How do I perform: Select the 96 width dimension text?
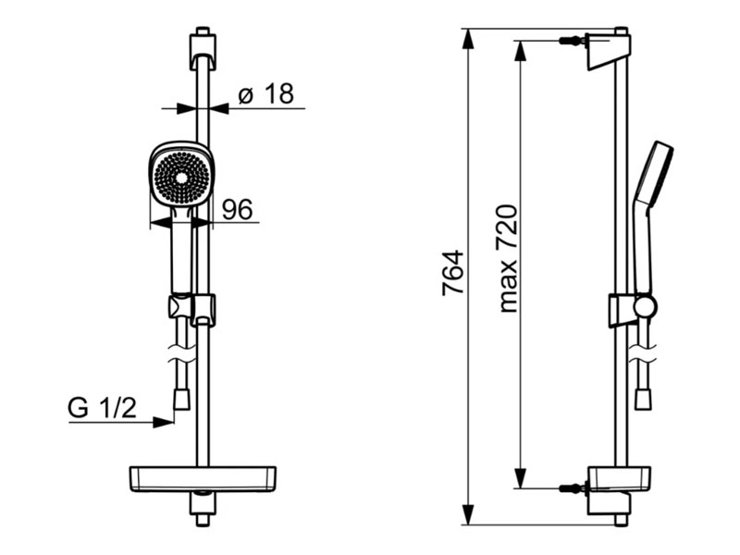[238, 210]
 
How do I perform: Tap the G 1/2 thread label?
[102, 407]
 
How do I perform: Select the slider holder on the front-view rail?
[191, 308]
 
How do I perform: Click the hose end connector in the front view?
[182, 399]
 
